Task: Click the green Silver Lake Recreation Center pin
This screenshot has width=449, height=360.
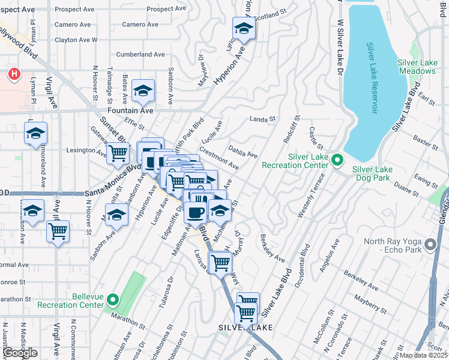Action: point(337,160)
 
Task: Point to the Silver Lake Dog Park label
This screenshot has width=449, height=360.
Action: point(372,174)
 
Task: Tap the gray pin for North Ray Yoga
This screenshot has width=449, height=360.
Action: point(430,244)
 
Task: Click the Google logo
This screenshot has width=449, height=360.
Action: point(20,353)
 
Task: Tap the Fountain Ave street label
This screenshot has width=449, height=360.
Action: point(130,111)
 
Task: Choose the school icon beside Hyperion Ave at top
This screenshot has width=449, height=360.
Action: point(244,28)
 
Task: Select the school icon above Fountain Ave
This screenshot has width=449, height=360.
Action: point(143,91)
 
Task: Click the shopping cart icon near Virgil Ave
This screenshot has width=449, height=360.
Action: point(58,231)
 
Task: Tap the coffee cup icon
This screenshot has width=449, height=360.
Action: point(195,211)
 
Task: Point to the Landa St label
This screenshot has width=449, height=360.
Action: point(262,119)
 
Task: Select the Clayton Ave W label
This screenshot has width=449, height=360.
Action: point(76,40)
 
